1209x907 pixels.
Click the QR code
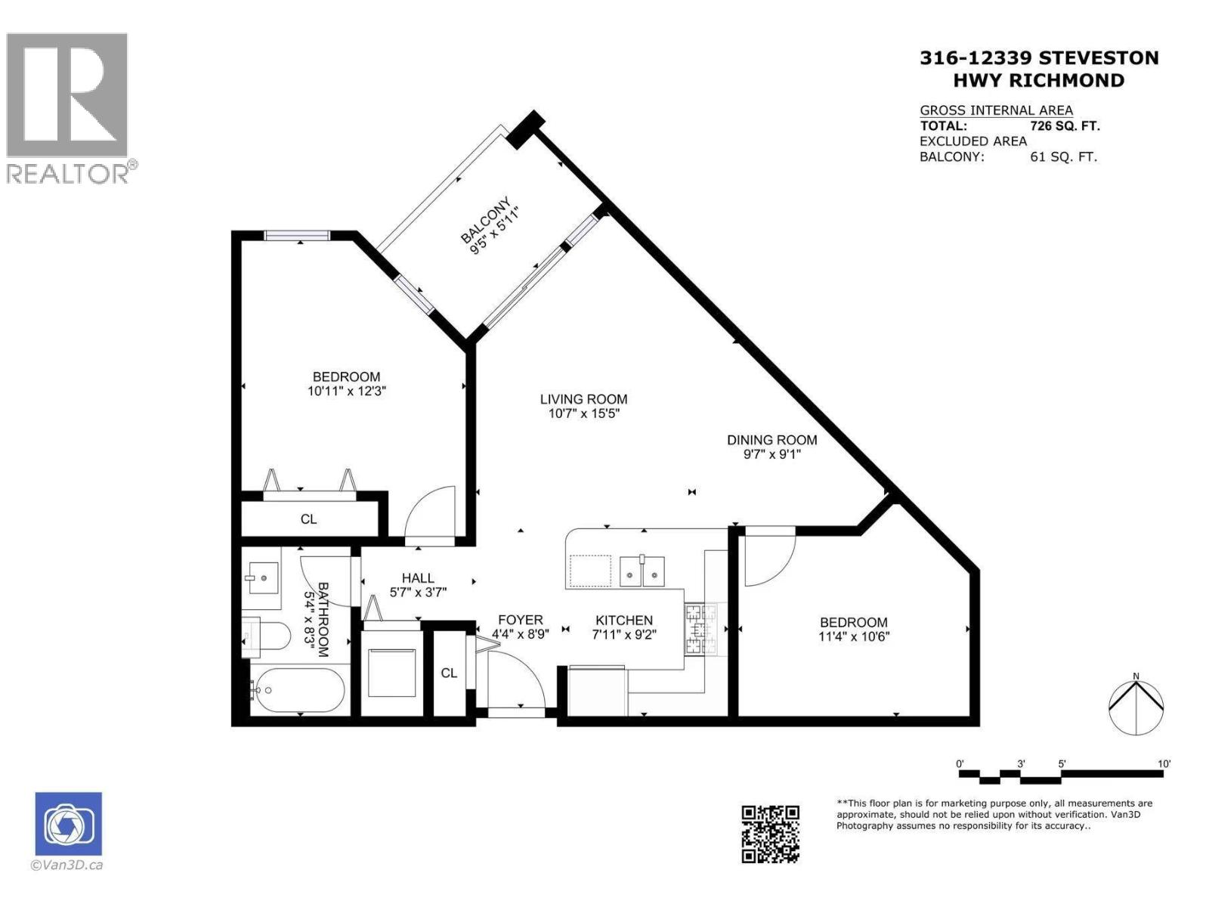(770, 834)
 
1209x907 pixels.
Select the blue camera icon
(68, 823)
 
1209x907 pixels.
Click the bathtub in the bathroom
(298, 689)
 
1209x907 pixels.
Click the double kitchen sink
(642, 571)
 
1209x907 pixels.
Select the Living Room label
(583, 399)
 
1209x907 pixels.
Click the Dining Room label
(771, 439)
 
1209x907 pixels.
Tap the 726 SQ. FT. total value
(1065, 126)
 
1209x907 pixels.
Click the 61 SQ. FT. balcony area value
(1063, 157)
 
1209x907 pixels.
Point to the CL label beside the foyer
(449, 673)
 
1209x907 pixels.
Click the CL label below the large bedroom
(308, 519)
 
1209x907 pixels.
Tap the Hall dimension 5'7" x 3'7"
(418, 593)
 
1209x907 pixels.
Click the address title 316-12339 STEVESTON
(1038, 58)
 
